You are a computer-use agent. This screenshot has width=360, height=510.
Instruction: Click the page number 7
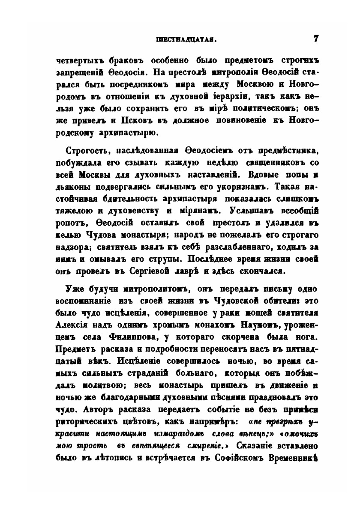(x=316, y=39)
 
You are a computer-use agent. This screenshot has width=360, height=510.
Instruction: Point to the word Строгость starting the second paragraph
(x=86, y=151)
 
